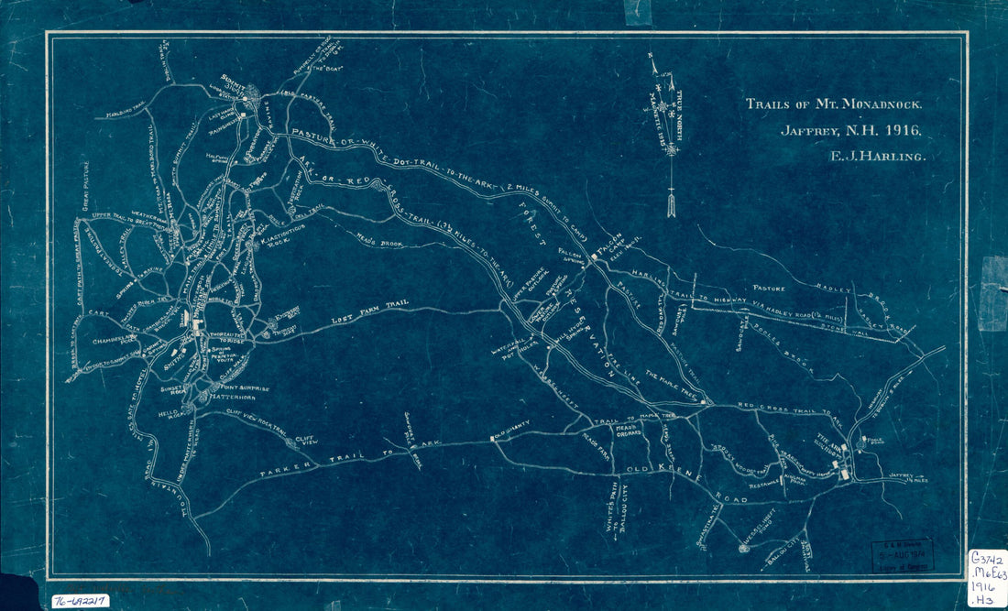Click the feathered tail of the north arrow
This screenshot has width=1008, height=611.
tap(671, 203)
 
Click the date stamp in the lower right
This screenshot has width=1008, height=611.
tap(902, 554)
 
